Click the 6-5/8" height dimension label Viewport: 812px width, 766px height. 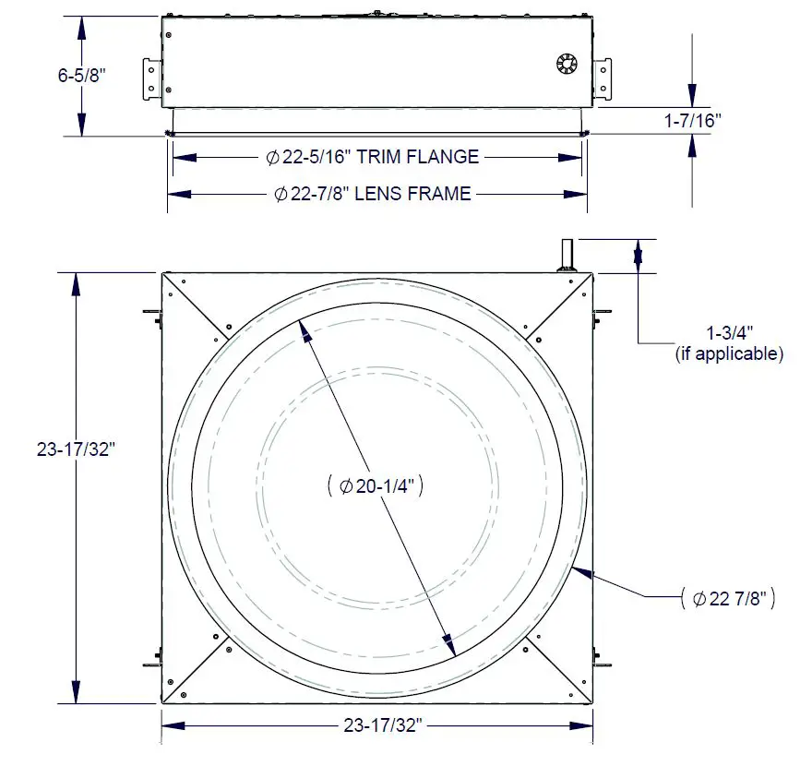(82, 76)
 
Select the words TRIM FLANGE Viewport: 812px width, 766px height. (418, 157)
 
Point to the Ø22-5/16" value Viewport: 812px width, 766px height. (308, 157)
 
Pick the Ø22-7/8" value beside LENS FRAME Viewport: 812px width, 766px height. (318, 194)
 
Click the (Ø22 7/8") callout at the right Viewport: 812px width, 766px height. (727, 598)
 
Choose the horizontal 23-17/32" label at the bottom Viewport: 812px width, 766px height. (376, 726)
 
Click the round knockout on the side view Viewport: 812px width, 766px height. (566, 63)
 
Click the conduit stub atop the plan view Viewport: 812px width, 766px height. (566, 255)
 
